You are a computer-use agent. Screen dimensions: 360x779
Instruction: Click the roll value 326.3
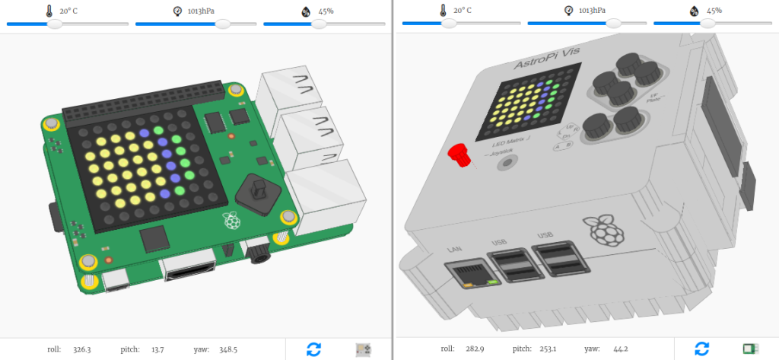[x=81, y=349]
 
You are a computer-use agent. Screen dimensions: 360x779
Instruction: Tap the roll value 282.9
[x=475, y=349]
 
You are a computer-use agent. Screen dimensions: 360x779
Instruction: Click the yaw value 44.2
[x=619, y=349]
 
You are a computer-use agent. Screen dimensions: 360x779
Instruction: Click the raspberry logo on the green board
[x=231, y=221]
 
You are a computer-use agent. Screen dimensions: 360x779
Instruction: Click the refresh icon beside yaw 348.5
[x=313, y=349]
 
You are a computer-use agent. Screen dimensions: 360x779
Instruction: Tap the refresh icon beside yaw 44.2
[x=702, y=349]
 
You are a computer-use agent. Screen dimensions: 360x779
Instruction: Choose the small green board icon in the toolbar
[x=751, y=349]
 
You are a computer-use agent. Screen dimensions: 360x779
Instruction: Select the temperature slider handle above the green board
[x=54, y=24]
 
